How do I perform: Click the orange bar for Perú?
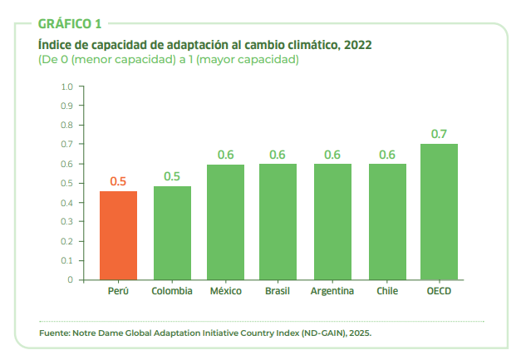pyautogui.click(x=118, y=236)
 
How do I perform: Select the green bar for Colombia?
pyautogui.click(x=172, y=234)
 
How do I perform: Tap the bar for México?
pyautogui.click(x=225, y=223)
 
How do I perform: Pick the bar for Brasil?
pyautogui.click(x=278, y=222)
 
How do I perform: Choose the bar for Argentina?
pyautogui.click(x=332, y=222)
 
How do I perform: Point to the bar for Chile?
pyautogui.click(x=387, y=222)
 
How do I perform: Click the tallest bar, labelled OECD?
pyautogui.click(x=439, y=212)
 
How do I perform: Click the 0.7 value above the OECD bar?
pyautogui.click(x=439, y=134)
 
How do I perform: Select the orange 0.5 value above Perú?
pyautogui.click(x=118, y=181)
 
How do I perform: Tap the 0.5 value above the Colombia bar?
pyautogui.click(x=172, y=176)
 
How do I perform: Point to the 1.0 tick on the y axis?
pyautogui.click(x=67, y=86)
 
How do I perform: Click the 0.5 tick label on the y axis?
pyautogui.click(x=67, y=183)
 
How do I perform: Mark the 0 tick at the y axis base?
pyautogui.click(x=71, y=280)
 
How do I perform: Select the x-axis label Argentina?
pyautogui.click(x=332, y=291)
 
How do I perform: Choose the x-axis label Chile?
pyautogui.click(x=387, y=291)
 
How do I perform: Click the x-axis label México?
pyautogui.click(x=225, y=291)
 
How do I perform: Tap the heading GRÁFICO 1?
pyautogui.click(x=71, y=23)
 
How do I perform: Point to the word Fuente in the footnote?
pyautogui.click(x=55, y=333)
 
